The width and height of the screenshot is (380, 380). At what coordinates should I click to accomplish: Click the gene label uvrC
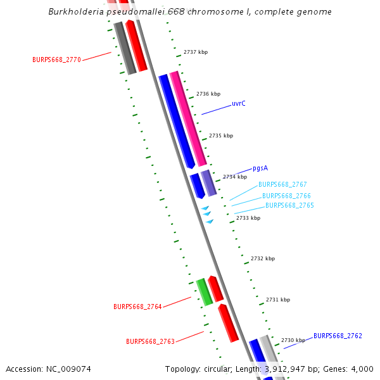pos(238,103)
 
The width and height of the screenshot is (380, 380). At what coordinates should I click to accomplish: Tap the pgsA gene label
pos(260,168)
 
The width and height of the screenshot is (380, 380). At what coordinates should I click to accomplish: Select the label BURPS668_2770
pos(56,60)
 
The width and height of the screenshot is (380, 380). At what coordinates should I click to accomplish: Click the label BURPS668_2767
pos(282,185)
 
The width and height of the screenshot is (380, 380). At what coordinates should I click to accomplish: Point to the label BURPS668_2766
pos(286,196)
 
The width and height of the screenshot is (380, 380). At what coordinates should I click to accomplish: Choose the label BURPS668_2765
pos(289,205)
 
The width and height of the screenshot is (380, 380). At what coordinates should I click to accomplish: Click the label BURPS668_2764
pos(137,307)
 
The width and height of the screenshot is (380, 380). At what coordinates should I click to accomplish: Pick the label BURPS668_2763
pos(150,341)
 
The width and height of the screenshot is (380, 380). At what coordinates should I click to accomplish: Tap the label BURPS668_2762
pos(338,336)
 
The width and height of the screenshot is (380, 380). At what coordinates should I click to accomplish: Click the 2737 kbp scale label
pos(196,53)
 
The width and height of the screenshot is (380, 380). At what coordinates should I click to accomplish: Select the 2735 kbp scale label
pos(221,136)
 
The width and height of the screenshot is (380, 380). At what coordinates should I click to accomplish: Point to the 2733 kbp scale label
pos(248,218)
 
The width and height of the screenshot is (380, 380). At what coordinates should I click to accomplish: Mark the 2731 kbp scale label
pos(278,300)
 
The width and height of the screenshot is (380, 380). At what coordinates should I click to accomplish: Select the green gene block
pos(204,291)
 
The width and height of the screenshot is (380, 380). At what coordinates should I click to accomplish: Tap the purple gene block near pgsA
pos(208,182)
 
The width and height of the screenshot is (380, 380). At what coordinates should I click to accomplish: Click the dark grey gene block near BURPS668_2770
pos(125,48)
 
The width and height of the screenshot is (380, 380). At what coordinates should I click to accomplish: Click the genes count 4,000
pos(362,369)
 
